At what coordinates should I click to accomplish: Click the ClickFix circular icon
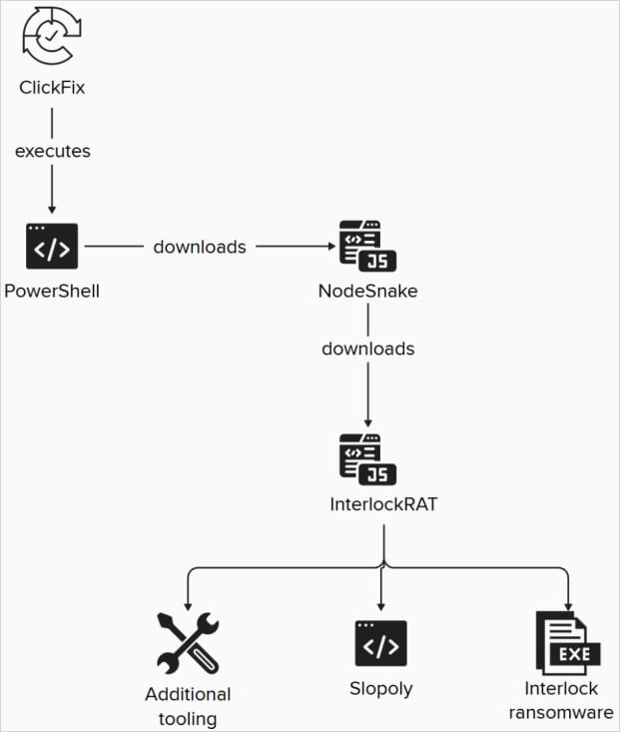pos(52,38)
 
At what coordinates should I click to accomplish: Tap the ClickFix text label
pos(52,88)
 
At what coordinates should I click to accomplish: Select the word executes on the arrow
pos(52,151)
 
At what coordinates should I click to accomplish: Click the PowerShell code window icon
pos(52,246)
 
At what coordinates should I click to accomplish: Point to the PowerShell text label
pos(52,291)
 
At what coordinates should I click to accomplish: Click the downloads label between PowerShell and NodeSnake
pos(200,247)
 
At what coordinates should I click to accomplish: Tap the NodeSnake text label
pos(368,291)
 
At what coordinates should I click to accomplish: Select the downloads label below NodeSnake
pos(368,349)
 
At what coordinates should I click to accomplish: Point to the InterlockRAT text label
pos(382,504)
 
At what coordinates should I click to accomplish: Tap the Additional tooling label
pos(188,705)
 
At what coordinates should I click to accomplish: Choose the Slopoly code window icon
pos(381,643)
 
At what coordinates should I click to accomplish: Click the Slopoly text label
pos(381,688)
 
